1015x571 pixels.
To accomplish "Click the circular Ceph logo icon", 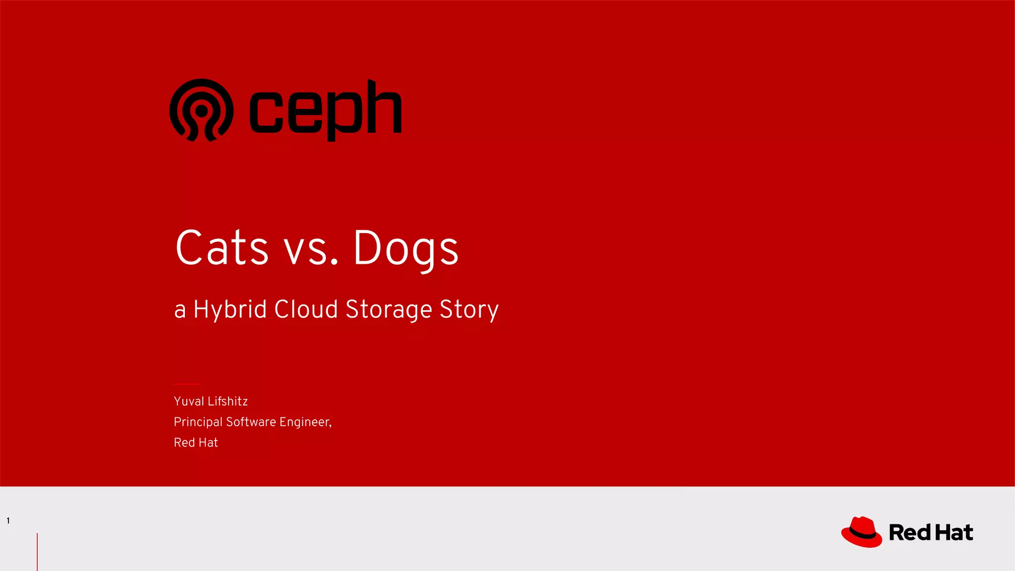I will pos(201,110).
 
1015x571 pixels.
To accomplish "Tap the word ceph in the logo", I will pos(326,110).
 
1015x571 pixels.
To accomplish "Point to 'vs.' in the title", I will pos(311,248).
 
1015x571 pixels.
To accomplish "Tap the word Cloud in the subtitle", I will pos(306,309).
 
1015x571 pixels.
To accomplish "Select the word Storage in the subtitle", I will pos(389,309).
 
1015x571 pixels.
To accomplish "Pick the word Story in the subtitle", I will pos(469,309).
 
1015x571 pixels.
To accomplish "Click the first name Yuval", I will pos(189,401).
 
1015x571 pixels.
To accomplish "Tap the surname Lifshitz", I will pos(228,401).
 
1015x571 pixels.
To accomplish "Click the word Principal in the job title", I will pos(198,422).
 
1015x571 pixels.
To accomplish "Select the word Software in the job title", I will pos(251,422).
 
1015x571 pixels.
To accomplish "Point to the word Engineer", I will pos(304,422).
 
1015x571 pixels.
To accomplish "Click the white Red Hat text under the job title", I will pos(196,443).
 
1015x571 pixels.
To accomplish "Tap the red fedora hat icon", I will pos(861,532).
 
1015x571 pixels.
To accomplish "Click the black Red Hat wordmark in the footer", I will pos(931,533).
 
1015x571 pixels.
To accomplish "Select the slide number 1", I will pos(8,520).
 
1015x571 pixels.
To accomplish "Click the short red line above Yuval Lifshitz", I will pos(187,384).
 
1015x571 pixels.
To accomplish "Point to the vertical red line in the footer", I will pos(37,552).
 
